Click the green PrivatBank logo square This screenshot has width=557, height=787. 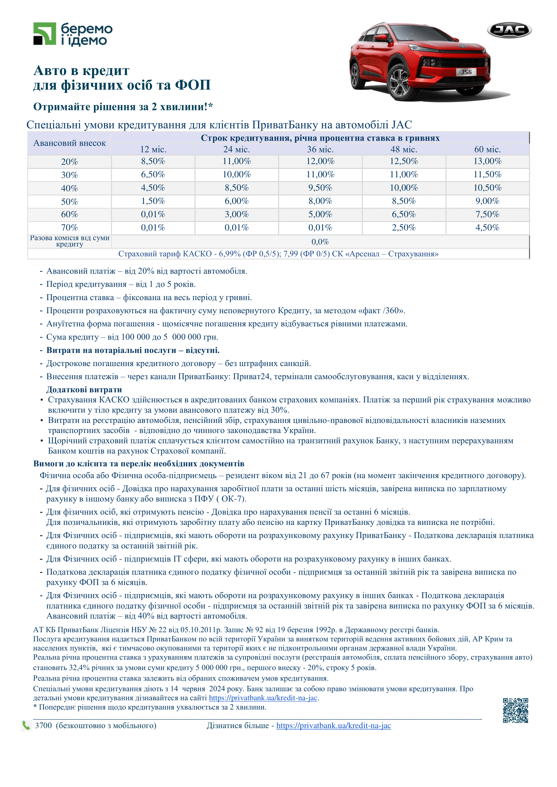click(x=44, y=34)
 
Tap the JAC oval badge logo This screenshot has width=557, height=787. click(x=509, y=30)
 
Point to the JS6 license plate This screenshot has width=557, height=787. click(x=466, y=72)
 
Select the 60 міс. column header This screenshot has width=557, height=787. click(x=487, y=149)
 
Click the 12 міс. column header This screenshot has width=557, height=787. click(x=153, y=149)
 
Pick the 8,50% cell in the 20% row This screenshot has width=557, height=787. click(x=153, y=161)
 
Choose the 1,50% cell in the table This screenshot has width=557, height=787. click(x=153, y=201)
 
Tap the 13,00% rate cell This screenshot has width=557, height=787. click(x=487, y=161)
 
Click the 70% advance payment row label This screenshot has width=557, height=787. click(x=69, y=227)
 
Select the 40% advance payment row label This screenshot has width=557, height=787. click(x=69, y=188)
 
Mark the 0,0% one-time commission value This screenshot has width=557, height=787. click(x=320, y=242)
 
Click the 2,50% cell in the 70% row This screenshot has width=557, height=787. click(x=404, y=227)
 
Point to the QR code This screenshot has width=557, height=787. click(x=515, y=710)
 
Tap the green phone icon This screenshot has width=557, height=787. click(x=26, y=725)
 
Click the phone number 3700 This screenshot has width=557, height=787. click(x=43, y=726)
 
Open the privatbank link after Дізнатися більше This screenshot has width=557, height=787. click(x=333, y=726)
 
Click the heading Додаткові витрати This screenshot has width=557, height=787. click(x=84, y=390)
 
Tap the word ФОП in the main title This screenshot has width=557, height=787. click(x=192, y=85)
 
